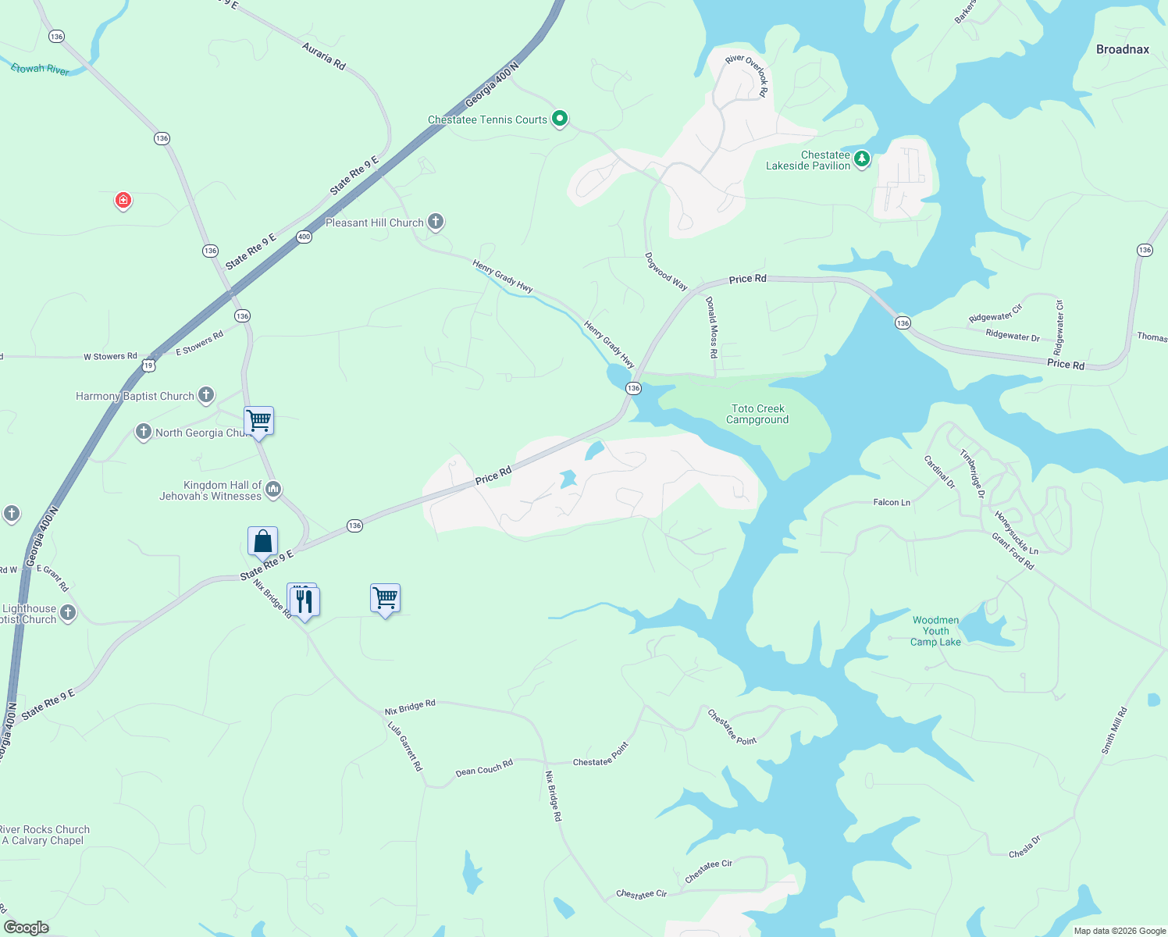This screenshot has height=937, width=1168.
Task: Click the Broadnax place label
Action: (x=1122, y=49)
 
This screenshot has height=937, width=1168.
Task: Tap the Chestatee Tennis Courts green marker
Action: (x=559, y=119)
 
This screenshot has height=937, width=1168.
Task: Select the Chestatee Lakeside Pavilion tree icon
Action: (x=861, y=159)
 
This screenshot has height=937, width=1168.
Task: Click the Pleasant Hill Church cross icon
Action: (x=436, y=222)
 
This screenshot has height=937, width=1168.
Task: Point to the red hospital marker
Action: (x=123, y=201)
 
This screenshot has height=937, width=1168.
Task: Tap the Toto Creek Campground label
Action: (x=757, y=414)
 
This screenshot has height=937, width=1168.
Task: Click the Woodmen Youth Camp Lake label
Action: (x=935, y=631)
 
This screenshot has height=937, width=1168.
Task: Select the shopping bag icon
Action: (x=263, y=541)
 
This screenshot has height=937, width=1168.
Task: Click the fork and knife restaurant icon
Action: (x=304, y=600)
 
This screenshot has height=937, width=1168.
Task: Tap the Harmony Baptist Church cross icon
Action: (x=206, y=395)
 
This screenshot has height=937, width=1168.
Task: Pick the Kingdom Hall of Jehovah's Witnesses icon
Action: (x=272, y=490)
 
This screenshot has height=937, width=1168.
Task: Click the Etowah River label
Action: (x=40, y=69)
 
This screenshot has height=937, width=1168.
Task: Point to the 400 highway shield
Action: (x=304, y=237)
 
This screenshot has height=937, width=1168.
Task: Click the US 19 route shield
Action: (x=148, y=365)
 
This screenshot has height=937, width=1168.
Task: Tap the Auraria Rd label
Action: (x=323, y=56)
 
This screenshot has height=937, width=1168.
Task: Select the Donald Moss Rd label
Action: (x=711, y=327)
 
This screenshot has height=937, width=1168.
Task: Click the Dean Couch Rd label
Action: (x=484, y=768)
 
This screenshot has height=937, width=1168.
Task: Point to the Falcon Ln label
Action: (x=892, y=502)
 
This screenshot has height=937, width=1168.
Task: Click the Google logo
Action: (x=26, y=927)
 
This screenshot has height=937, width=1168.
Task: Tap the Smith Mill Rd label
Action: (x=1114, y=730)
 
